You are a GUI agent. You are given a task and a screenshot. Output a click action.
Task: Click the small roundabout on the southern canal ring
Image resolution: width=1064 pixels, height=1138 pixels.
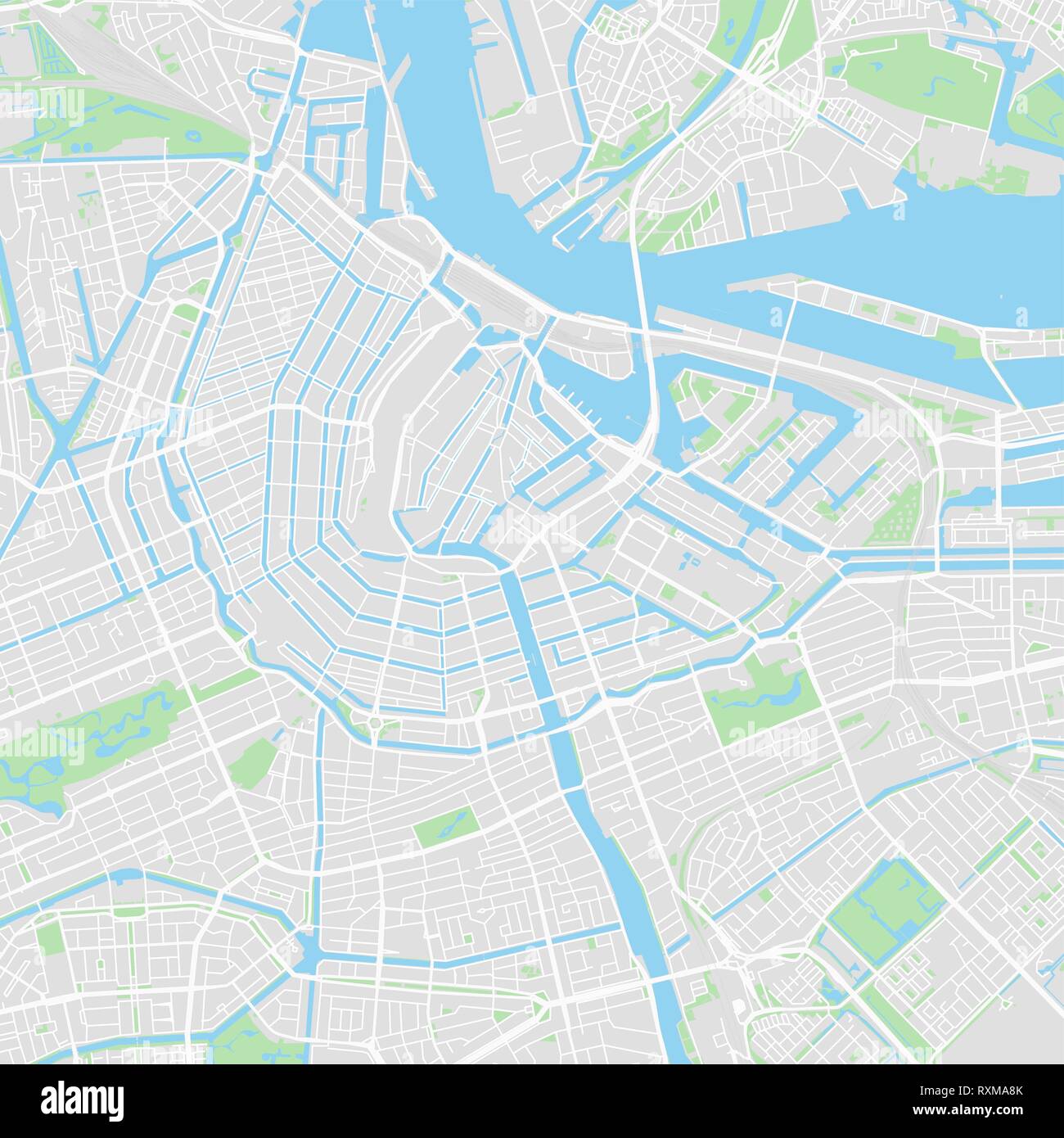tap(375, 722)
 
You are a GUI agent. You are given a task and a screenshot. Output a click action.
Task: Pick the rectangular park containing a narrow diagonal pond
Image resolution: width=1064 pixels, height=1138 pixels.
tap(445, 827)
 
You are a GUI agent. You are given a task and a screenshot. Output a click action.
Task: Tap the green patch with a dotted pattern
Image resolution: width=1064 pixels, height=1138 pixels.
tap(896, 516)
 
